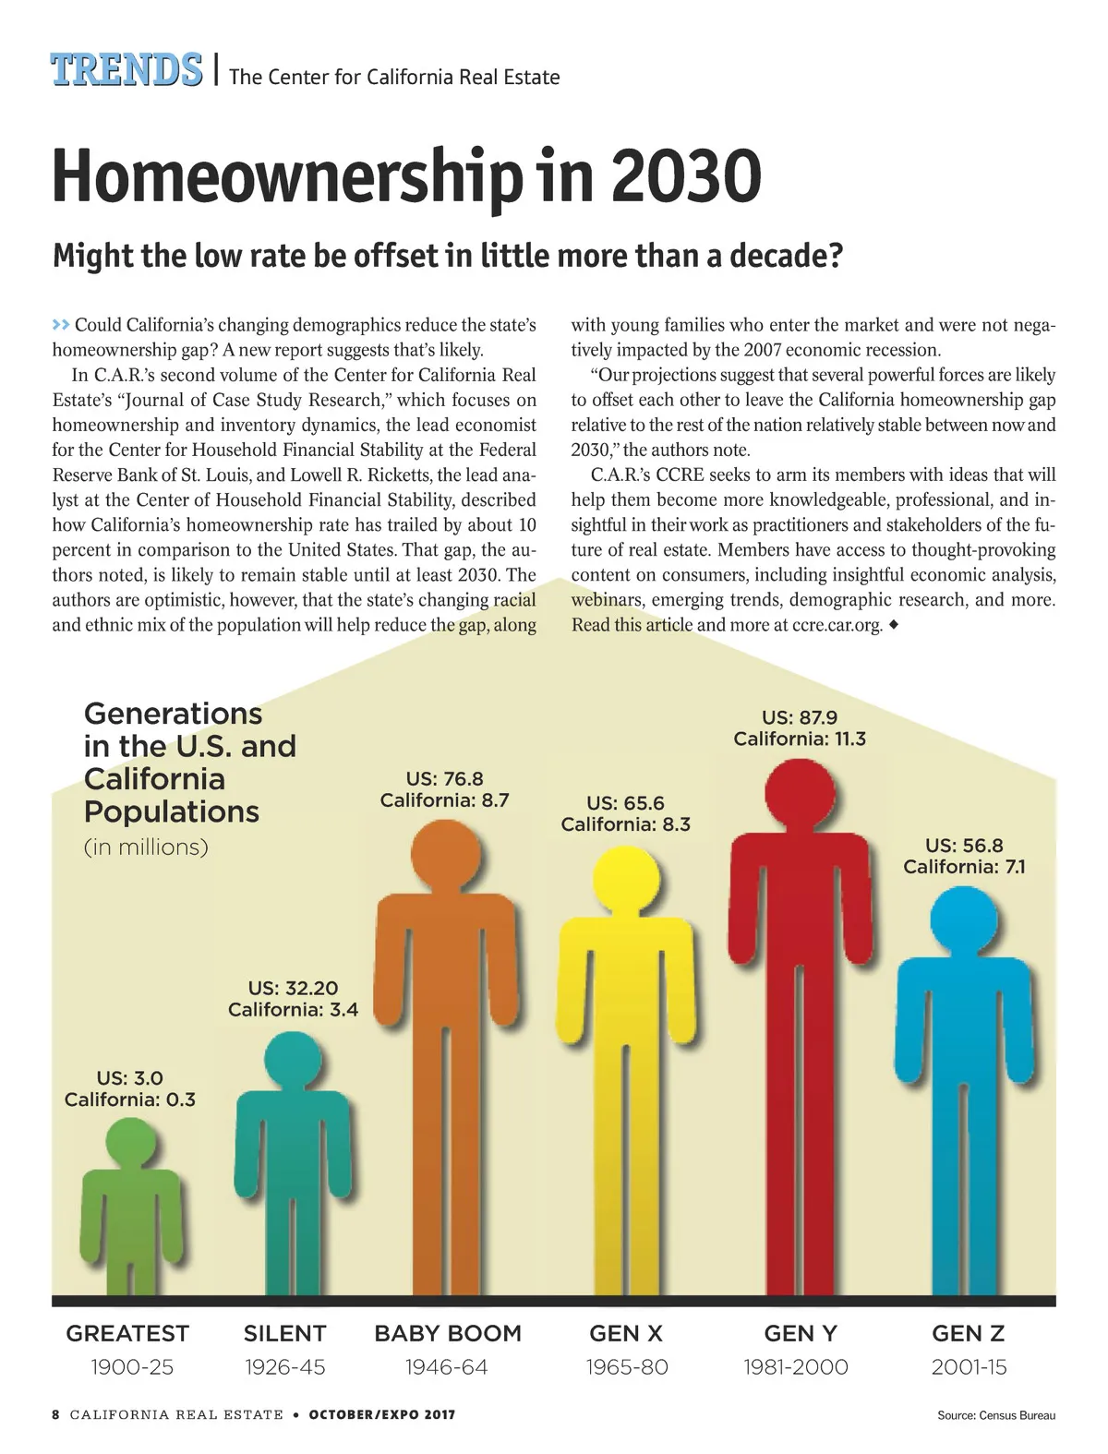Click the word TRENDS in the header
point(126,71)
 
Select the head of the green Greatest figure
point(129,1145)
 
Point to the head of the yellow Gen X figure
point(626,882)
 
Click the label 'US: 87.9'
point(800,717)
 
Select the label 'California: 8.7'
point(445,800)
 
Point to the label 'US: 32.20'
point(294,989)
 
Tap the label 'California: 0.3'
point(130,1100)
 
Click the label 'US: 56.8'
point(964,846)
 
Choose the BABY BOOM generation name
point(448,1333)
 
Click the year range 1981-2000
point(796,1367)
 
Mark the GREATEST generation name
point(127,1333)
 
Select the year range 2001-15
point(969,1367)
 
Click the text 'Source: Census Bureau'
point(995,1415)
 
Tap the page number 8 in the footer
point(55,1414)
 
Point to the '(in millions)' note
point(146,847)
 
